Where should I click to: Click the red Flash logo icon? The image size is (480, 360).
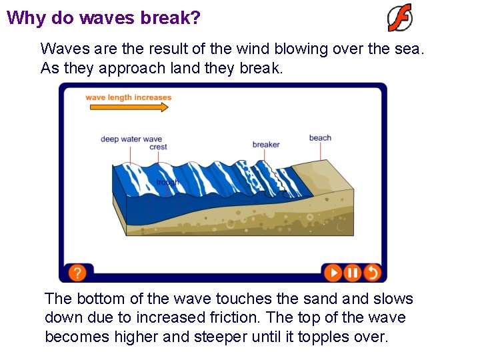tap(400, 18)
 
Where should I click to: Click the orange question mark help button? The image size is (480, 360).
tap(77, 272)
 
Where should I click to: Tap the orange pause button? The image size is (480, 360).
tap(353, 272)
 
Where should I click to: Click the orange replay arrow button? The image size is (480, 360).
tap(372, 272)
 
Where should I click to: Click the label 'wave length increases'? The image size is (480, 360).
tap(128, 97)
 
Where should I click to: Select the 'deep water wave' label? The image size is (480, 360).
tap(131, 139)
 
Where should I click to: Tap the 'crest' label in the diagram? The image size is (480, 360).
tap(158, 147)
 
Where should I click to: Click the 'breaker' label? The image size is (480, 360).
tap(266, 145)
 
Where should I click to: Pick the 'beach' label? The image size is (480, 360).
tap(320, 138)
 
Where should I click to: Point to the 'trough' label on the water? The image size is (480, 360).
tap(167, 182)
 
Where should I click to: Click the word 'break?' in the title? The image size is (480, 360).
tap(170, 17)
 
